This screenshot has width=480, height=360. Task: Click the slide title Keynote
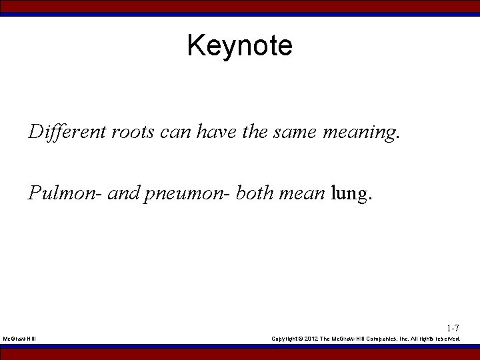(x=239, y=46)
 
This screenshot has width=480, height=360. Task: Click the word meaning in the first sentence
(x=359, y=133)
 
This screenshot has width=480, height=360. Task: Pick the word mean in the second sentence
(x=303, y=193)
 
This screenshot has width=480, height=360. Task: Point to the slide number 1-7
(x=453, y=328)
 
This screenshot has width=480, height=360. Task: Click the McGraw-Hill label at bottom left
(x=19, y=339)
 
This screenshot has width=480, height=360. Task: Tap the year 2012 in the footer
(x=311, y=339)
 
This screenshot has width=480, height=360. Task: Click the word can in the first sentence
(x=176, y=132)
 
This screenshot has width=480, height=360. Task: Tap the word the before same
(x=255, y=132)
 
